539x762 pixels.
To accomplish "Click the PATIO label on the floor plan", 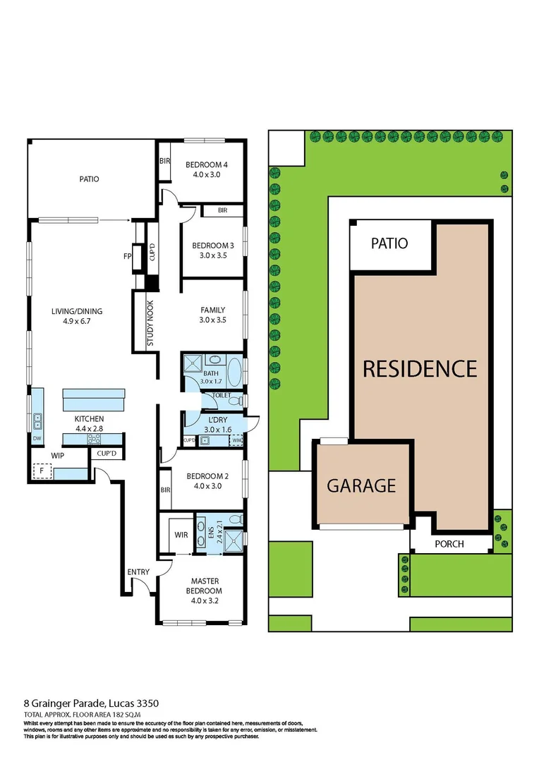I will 89,179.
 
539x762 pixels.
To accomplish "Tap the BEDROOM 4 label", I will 206,165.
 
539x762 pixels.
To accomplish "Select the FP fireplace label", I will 128,255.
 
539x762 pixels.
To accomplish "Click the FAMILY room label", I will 212,310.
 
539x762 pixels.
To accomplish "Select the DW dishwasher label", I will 37,438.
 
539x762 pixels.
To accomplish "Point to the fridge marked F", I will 42,470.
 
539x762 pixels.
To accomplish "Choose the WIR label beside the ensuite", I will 181,536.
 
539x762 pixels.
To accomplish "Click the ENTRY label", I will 138,571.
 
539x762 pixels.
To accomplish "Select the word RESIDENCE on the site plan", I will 420,368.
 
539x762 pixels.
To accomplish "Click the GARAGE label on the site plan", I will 361,485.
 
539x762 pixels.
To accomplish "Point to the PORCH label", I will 449,544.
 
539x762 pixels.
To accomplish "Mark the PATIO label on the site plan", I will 389,243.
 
